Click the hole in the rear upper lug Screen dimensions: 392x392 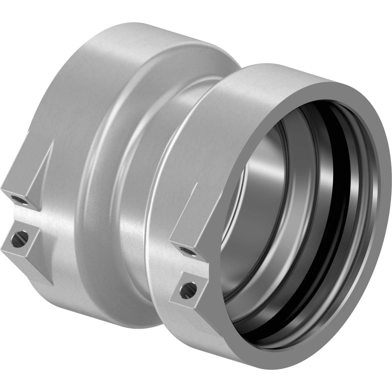19,200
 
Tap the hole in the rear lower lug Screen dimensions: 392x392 19,239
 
